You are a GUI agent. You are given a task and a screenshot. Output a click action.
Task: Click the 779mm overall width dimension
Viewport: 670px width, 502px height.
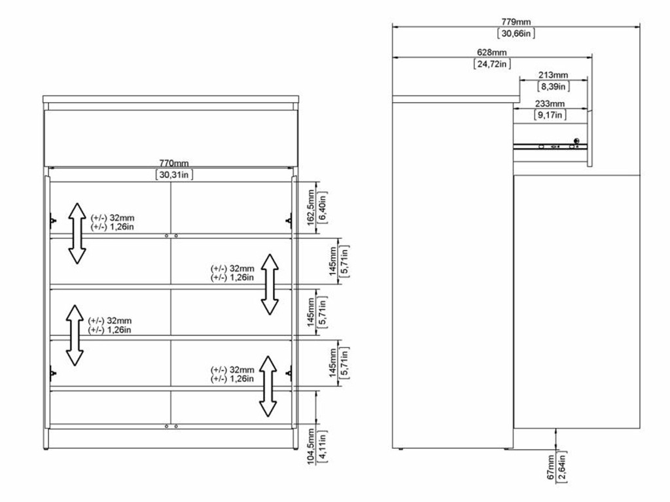(516, 22)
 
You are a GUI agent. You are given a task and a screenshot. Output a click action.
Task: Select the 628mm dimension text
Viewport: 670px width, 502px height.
(492, 52)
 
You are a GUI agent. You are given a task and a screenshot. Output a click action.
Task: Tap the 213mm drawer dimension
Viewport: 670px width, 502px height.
(553, 75)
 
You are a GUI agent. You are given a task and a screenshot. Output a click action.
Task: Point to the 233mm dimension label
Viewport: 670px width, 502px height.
(550, 104)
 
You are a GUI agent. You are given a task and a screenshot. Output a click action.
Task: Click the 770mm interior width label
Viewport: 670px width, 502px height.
(174, 163)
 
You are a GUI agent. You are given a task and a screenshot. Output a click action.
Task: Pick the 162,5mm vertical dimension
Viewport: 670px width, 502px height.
(311, 207)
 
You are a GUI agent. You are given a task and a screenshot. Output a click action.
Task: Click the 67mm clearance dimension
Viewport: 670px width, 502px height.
(550, 467)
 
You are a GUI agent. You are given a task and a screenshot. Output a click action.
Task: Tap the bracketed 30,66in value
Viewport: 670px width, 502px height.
(516, 33)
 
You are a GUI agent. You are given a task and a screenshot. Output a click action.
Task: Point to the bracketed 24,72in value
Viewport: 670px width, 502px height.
(492, 64)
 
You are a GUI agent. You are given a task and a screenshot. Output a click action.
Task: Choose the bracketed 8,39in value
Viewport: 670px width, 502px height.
(553, 87)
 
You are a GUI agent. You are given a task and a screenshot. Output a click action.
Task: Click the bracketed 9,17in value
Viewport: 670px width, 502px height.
(550, 115)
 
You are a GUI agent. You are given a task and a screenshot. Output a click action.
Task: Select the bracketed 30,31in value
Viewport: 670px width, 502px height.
(174, 175)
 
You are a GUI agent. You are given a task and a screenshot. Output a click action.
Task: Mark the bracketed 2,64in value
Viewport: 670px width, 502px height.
(562, 467)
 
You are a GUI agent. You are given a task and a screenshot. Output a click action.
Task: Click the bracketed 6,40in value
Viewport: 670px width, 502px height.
(323, 207)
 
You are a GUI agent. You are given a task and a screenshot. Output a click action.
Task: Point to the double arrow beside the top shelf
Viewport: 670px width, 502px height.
(77, 234)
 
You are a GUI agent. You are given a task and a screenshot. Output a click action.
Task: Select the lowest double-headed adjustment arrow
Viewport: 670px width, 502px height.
(268, 386)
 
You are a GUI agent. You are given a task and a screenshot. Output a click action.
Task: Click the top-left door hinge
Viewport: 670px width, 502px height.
(52, 221)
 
